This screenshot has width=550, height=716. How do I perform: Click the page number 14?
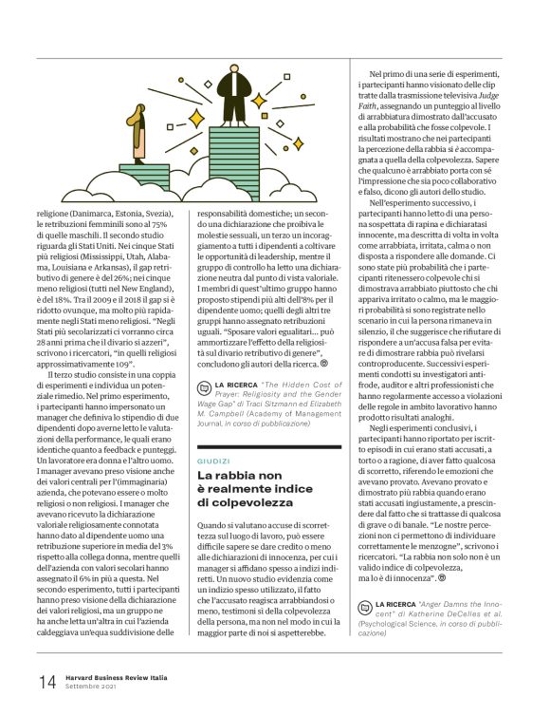(46, 682)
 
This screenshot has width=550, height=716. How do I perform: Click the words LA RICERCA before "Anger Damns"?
(399, 603)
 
